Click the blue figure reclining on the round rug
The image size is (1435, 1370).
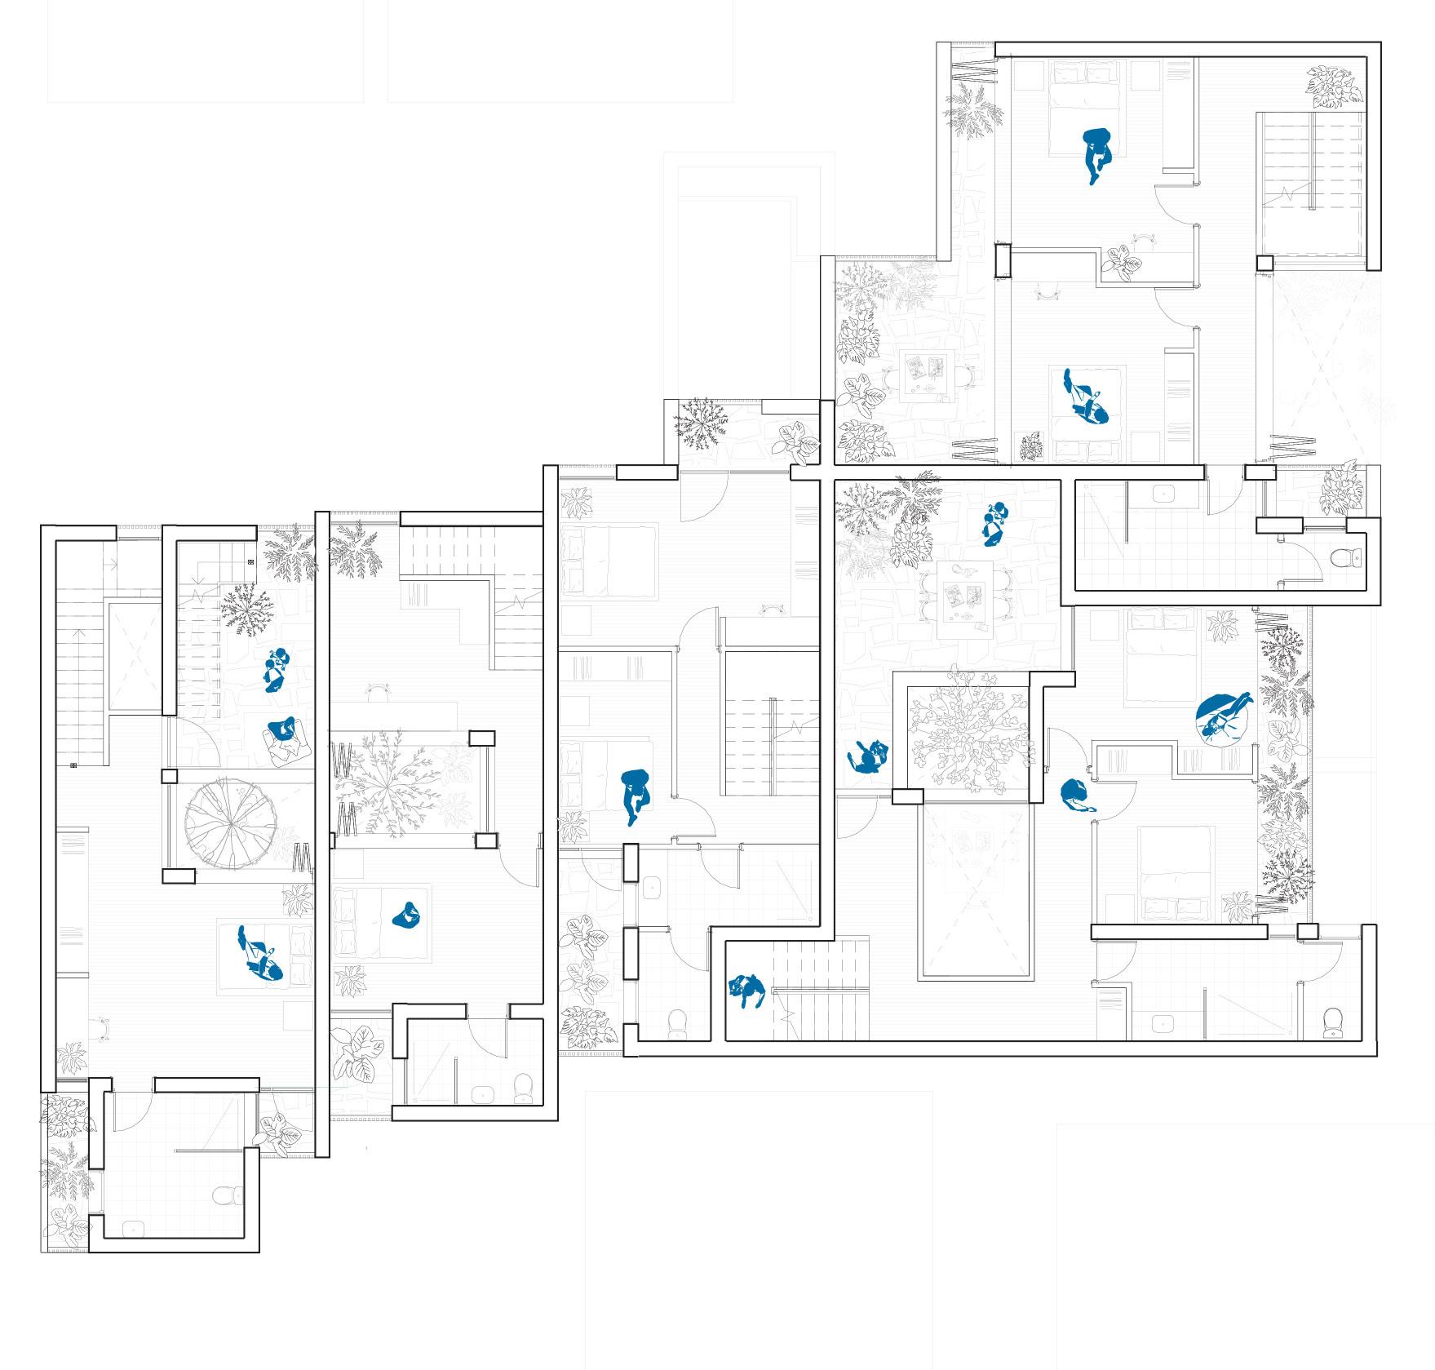[x=1221, y=717]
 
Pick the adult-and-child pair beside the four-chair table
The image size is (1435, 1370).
[x=994, y=525]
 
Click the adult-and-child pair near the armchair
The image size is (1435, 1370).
[x=277, y=669]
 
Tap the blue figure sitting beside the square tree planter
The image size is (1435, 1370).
[x=866, y=758]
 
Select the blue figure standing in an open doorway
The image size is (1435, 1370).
[x=1078, y=796]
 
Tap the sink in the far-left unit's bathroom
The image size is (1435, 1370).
[x=130, y=1226]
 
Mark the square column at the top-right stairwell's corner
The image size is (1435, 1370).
[x=1264, y=264]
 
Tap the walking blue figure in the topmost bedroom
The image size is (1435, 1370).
[x=1096, y=155]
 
